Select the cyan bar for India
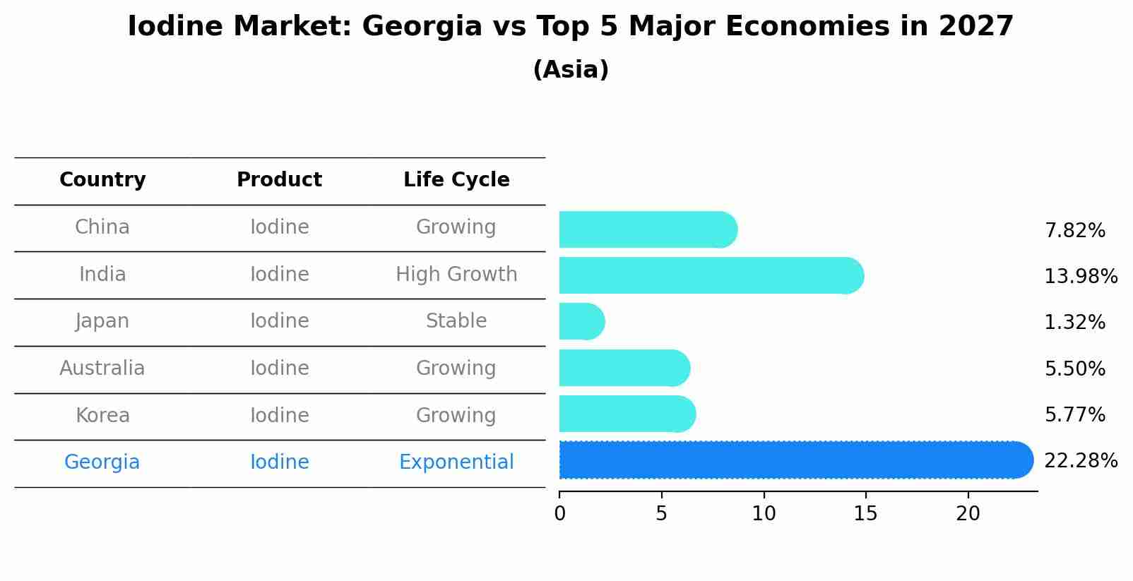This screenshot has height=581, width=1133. click(x=710, y=275)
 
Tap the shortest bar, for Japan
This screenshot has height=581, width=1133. click(x=581, y=322)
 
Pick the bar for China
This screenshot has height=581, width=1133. click(x=647, y=229)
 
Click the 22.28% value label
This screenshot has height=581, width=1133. click(x=1080, y=461)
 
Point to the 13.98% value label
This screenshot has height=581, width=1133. click(x=1080, y=277)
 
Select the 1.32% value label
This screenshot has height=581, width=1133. click(x=1074, y=323)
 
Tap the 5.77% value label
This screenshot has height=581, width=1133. click(x=1074, y=415)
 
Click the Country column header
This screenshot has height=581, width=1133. click(x=102, y=180)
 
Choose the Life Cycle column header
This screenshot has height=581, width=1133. click(x=456, y=180)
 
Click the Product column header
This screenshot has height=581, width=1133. click(x=279, y=180)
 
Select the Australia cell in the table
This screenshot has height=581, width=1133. click(x=102, y=369)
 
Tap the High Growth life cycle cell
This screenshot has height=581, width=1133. click(x=456, y=275)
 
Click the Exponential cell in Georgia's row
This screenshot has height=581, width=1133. click(x=456, y=462)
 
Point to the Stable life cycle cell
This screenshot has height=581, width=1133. click(x=456, y=321)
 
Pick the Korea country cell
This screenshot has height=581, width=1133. click(x=102, y=416)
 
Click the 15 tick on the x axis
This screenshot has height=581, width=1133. click(x=865, y=514)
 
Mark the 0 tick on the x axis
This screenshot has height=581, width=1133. click(x=559, y=514)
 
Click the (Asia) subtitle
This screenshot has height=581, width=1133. click(x=571, y=70)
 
